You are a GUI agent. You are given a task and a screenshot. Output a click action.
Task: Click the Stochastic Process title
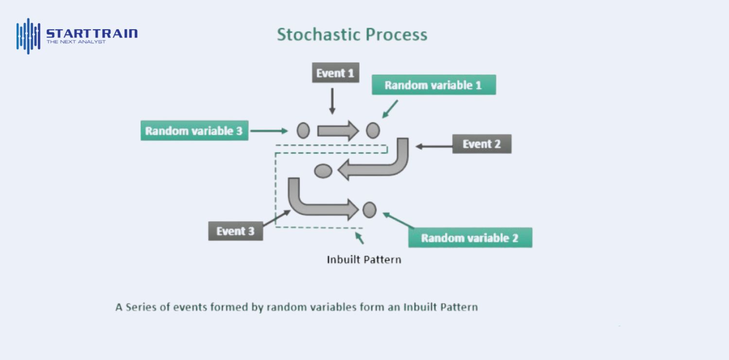[x=352, y=34]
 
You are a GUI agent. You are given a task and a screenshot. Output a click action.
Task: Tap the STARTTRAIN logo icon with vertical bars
[x=28, y=36]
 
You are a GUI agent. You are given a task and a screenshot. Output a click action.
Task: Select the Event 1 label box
[x=335, y=73]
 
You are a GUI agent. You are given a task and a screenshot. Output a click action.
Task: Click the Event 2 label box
[x=482, y=144]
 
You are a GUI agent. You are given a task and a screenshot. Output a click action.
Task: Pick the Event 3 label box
[x=235, y=231]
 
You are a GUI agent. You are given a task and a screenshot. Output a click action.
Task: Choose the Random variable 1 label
[x=434, y=85]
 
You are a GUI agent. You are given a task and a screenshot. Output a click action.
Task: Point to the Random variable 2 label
[x=470, y=238]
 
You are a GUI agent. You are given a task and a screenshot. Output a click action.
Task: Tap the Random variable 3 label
[x=194, y=131]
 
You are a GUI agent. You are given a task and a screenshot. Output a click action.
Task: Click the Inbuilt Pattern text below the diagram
[x=364, y=259]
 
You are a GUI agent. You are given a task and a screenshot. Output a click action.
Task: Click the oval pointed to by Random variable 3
[x=303, y=130]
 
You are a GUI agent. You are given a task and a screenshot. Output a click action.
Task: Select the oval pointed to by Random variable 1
[x=373, y=130]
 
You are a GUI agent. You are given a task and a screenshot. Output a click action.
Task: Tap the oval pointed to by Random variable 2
[x=369, y=209]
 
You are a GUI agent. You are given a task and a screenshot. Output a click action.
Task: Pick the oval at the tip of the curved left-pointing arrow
[x=323, y=171]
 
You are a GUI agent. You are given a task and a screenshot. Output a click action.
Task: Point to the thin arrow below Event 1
[x=332, y=101]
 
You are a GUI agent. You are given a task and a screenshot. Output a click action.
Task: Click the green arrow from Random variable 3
[x=269, y=131]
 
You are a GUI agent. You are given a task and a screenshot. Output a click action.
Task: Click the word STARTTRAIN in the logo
[x=92, y=34]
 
